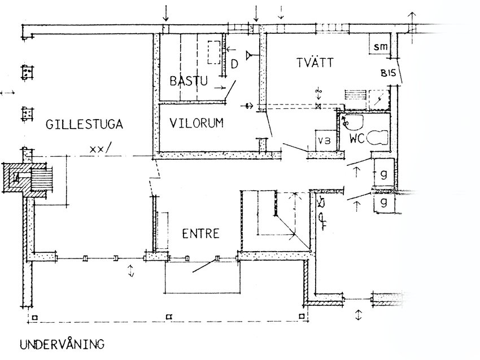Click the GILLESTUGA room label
click(84, 125)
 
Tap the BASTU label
click(189, 81)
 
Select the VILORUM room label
click(197, 123)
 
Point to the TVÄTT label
click(315, 63)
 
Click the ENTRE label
click(201, 234)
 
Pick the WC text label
click(357, 139)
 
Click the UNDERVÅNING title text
click(62, 344)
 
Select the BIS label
click(388, 73)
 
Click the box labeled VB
click(326, 141)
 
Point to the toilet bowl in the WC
click(377, 138)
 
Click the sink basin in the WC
click(352, 122)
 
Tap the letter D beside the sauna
click(234, 64)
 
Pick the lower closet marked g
click(384, 202)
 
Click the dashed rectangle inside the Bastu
click(214, 52)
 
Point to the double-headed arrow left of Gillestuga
click(7, 93)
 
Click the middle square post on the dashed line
click(169, 317)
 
